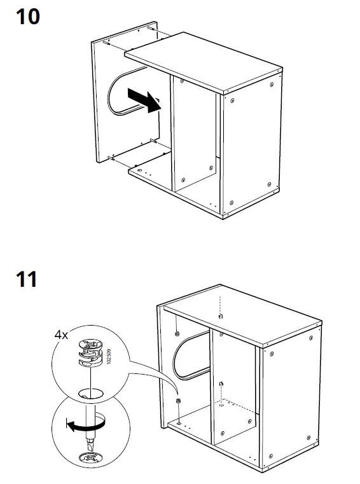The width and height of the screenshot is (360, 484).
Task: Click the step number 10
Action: tap(27, 17)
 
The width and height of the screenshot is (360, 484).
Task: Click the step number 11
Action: tap(26, 279)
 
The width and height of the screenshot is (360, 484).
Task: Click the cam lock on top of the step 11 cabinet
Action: tap(219, 316)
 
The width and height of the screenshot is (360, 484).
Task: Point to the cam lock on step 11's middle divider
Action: tap(219, 384)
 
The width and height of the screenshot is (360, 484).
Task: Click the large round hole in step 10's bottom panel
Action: tap(138, 170)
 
